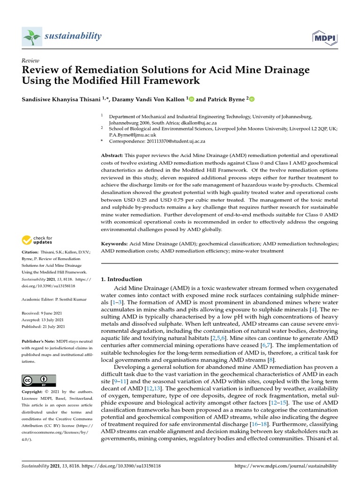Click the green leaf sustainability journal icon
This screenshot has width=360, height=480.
coord(32,36)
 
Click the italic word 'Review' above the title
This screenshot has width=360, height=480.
coord(30,60)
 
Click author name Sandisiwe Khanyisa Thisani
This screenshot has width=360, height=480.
coord(61,99)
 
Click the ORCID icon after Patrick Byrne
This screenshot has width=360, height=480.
coord(252,99)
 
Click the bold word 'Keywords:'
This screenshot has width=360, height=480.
coord(114,244)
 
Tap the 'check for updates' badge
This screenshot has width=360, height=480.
coord(38,240)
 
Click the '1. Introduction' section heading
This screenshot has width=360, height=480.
coord(121,279)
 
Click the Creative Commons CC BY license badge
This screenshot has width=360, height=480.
coord(39,380)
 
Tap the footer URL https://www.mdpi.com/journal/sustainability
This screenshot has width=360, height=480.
coord(285,466)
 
